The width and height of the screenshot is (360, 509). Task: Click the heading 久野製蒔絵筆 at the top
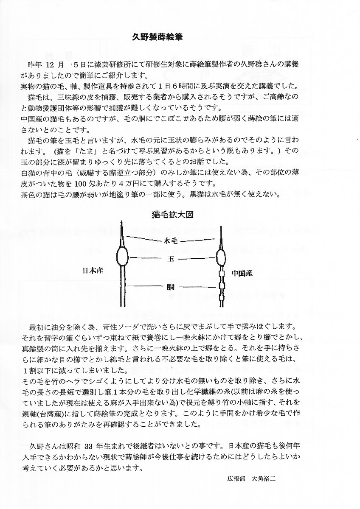tap(159, 37)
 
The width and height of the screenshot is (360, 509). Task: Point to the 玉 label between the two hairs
tap(172, 258)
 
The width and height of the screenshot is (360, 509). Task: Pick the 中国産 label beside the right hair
tap(242, 273)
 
